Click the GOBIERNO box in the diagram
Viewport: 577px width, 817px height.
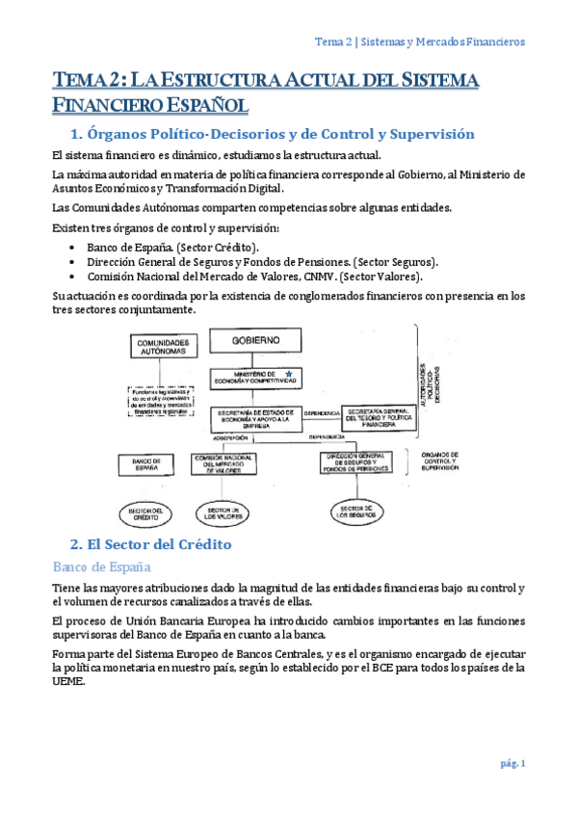pos(254,340)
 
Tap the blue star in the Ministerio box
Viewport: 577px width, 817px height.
pos(288,373)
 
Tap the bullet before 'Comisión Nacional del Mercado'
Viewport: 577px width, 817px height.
pos(75,276)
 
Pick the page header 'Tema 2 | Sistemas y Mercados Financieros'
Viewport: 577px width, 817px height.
pos(421,42)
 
